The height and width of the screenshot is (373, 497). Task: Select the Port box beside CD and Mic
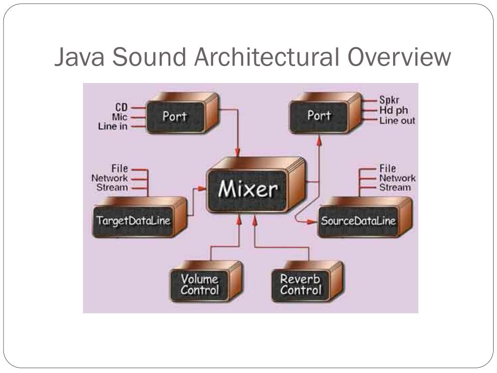coord(175,117)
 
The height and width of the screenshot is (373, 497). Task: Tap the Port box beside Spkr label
coord(319,116)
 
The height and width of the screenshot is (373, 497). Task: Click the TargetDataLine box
coord(133,220)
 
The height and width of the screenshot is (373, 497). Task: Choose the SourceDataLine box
coord(358,221)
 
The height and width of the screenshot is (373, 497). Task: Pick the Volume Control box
coord(199,285)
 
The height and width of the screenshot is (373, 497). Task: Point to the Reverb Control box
coord(300,285)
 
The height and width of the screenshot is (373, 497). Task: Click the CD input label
coord(121,107)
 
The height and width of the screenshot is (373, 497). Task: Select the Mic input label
coord(120,117)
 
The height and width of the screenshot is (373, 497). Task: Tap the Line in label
coord(114,126)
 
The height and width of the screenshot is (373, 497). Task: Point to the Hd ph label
coord(394,111)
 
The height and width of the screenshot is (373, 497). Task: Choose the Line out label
coord(397,120)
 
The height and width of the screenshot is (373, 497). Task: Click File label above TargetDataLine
coord(119,169)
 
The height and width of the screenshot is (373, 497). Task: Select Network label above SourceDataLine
coord(397,178)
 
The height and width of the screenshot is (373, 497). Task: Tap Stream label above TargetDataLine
coord(112,187)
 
